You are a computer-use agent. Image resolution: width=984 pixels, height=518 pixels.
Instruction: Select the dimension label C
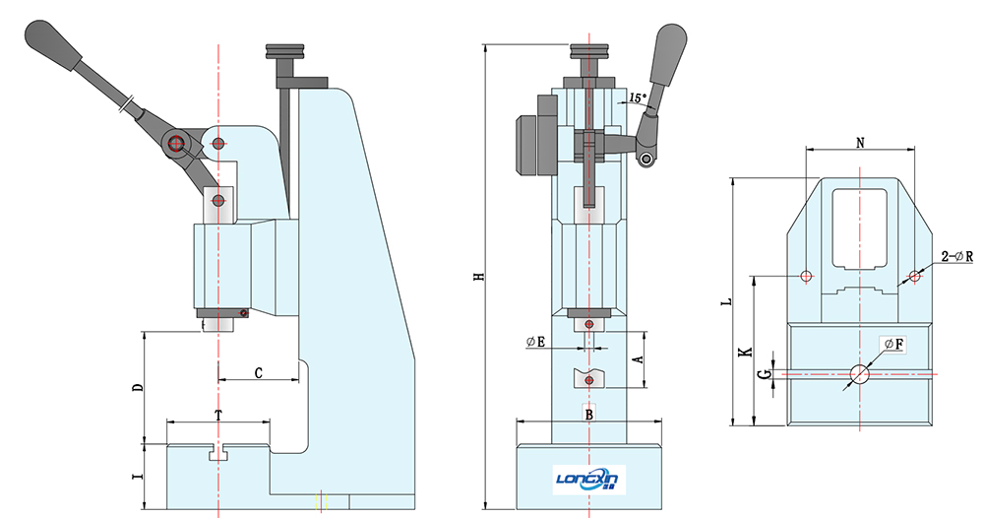coord(258,373)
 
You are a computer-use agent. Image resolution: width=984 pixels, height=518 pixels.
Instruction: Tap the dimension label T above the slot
coord(217,416)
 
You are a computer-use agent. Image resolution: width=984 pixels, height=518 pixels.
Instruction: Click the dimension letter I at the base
coord(138,478)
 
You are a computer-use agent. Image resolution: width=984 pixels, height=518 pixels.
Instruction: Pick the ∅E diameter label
coord(536,342)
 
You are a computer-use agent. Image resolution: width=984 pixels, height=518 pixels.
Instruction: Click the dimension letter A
coord(638,360)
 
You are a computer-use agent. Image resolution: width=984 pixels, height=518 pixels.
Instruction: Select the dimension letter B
coord(589,415)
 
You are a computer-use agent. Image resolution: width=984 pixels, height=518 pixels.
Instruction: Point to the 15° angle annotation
coord(636,98)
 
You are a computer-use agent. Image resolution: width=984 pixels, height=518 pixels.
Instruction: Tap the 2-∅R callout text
coord(955,256)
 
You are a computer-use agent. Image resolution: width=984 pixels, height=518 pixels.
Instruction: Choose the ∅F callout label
coord(893,344)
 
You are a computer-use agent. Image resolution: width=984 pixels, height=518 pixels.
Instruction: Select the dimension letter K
coord(745,350)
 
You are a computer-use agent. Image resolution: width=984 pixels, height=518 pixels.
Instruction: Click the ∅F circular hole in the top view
coord(859,373)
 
